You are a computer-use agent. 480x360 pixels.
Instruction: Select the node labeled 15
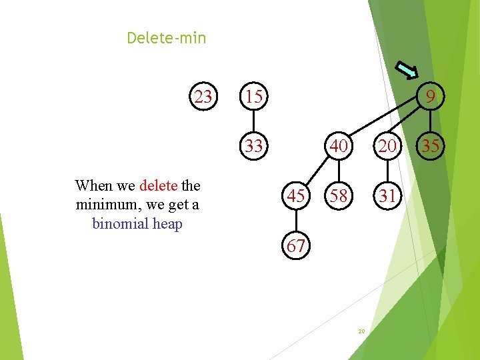(253, 97)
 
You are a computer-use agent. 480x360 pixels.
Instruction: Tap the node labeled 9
(431, 97)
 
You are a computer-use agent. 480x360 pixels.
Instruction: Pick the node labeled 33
(253, 146)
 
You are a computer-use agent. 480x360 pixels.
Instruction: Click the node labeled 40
(339, 146)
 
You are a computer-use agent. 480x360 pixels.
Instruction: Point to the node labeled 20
(387, 146)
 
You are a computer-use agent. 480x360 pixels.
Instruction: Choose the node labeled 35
(431, 146)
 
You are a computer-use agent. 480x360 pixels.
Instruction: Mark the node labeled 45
(297, 196)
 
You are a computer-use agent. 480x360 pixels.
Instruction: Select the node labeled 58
(339, 196)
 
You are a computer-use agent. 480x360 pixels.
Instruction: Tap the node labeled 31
(387, 196)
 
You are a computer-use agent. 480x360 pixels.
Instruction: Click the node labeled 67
(297, 246)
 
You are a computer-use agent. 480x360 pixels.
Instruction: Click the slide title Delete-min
(167, 39)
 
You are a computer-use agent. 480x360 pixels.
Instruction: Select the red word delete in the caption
(158, 185)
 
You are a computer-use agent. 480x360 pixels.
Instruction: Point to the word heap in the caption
(167, 223)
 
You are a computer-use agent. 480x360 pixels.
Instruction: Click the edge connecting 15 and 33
(253, 122)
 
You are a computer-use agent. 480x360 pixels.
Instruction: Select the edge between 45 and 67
(297, 221)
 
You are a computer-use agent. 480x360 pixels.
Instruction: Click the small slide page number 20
(361, 331)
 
